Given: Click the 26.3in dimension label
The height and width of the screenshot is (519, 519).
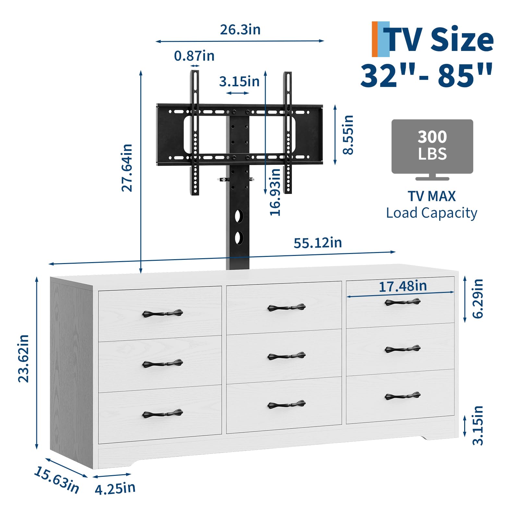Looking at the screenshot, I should (240, 30).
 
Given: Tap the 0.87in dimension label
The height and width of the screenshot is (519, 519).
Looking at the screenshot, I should (194, 56).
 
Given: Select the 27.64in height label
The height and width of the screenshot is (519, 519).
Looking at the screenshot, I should (127, 168).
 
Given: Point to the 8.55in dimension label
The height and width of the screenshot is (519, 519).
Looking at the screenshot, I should (348, 135).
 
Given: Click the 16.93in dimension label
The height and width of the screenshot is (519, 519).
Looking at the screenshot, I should (275, 192).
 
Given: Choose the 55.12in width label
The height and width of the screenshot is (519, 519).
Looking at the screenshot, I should (318, 243).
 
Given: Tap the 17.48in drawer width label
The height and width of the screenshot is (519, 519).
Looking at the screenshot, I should (403, 286).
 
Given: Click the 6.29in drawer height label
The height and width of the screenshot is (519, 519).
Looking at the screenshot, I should (478, 298).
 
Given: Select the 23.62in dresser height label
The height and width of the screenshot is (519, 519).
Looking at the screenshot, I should (24, 358).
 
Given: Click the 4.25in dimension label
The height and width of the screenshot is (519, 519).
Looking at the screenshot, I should (115, 489).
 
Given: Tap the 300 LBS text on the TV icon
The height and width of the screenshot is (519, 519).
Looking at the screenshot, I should (432, 145).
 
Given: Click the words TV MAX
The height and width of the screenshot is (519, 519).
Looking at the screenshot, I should (431, 196).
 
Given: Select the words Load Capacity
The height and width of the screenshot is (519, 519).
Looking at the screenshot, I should (431, 213).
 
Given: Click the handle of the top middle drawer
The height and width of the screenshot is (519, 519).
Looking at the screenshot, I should (286, 307).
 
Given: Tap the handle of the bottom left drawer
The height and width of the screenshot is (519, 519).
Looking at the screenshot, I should (163, 414).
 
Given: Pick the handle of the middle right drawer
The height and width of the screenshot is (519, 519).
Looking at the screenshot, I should (403, 349).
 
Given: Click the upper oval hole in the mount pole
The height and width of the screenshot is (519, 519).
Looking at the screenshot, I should (239, 216).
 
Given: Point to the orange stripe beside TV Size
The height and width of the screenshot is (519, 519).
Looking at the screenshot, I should (375, 39).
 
